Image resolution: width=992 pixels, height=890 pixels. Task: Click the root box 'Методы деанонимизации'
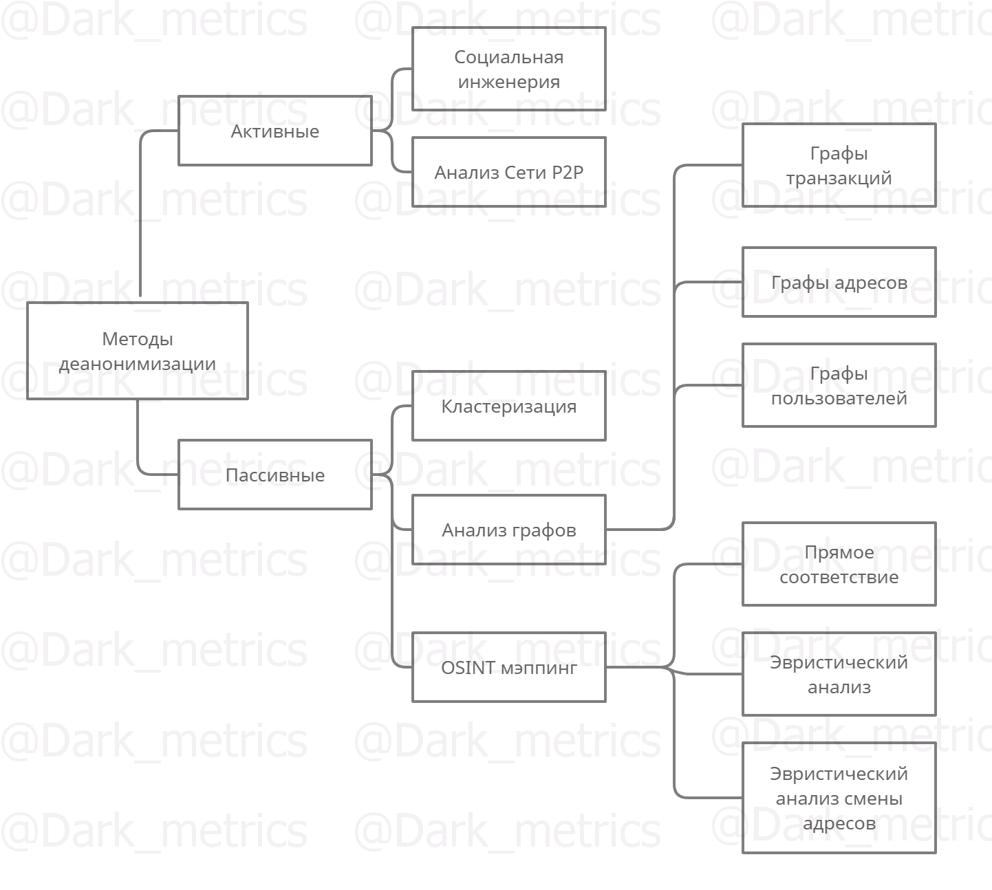pos(138,351)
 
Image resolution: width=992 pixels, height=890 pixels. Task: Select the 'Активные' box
pos(275,131)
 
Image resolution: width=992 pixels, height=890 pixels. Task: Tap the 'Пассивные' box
pos(275,475)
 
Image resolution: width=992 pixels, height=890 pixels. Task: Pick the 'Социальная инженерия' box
pos(509,69)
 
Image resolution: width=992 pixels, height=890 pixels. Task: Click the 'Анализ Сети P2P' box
pos(509,172)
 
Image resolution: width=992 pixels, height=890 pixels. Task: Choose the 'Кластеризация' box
pos(509,406)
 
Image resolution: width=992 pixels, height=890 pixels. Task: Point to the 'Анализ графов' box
pos(509,530)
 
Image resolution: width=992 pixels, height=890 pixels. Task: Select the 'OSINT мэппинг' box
pos(509,667)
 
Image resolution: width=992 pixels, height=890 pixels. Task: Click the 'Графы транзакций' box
pos(839,165)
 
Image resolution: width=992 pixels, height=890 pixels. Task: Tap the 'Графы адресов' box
pos(839,282)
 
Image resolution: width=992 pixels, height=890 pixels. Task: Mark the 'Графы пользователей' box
pos(839,385)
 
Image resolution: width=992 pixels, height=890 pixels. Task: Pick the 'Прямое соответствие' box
pos(839,564)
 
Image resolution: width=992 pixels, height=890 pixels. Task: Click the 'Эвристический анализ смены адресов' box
pos(839,798)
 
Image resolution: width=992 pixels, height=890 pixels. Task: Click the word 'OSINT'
pos(468,667)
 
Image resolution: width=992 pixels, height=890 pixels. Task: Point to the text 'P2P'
pos(568,172)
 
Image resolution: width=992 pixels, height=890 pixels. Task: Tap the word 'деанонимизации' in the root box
pos(138,363)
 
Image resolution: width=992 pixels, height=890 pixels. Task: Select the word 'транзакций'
pos(839,177)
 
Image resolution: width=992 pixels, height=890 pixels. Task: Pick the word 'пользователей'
pos(839,398)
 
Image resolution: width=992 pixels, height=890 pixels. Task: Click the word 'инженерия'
pos(509,81)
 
